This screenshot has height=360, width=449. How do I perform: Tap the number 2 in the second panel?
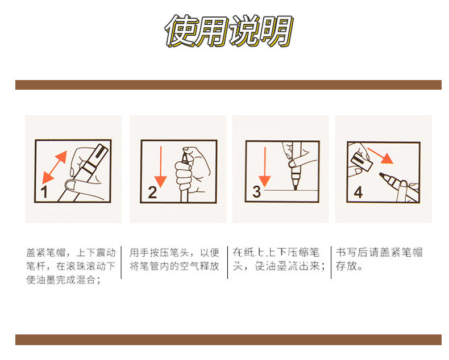[x=152, y=192]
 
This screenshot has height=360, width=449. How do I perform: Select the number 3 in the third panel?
[x=256, y=191]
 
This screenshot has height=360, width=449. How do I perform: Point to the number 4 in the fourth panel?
[x=358, y=192]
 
